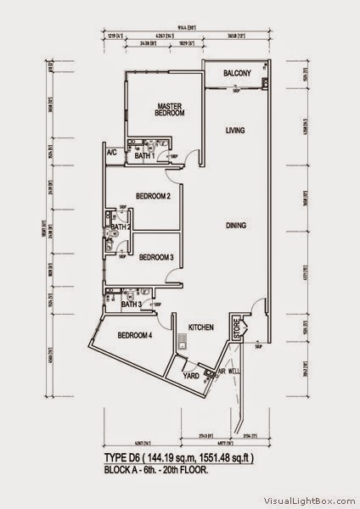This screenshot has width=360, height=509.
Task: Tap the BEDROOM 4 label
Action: (135, 333)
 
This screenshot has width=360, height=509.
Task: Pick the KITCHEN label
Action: (200, 327)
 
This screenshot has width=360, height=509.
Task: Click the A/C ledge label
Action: (111, 153)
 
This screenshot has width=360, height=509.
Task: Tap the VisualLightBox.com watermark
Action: (309, 501)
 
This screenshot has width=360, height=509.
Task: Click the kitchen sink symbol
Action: (182, 345)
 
